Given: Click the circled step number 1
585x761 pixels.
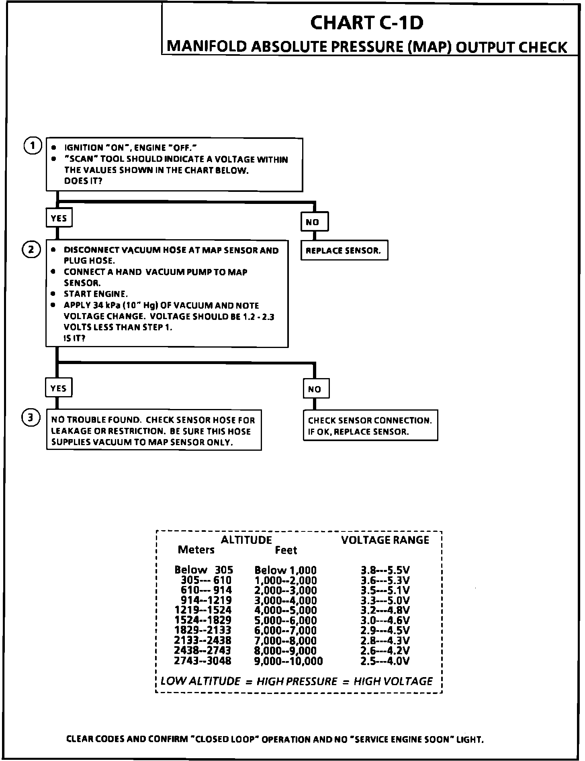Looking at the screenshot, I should (x=32, y=146).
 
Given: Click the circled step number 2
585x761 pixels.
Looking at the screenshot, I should (x=31, y=249).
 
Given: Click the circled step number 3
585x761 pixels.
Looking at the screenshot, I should (x=31, y=418).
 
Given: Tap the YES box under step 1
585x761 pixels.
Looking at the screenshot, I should (x=59, y=218).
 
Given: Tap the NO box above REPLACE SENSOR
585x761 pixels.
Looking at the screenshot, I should (x=314, y=222).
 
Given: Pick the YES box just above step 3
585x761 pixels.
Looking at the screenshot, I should (x=59, y=388).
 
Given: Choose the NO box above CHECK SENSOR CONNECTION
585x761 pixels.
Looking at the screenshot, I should (x=316, y=389).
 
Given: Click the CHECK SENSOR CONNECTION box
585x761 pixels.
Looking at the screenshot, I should (x=370, y=426).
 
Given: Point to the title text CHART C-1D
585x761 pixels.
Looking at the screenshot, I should (x=367, y=23).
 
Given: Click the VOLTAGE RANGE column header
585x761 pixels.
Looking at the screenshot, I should (x=385, y=540).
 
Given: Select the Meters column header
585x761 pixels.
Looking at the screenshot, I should (x=196, y=550).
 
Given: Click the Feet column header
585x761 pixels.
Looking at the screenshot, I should (x=286, y=550).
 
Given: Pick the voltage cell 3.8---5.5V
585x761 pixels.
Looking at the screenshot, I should (x=385, y=570).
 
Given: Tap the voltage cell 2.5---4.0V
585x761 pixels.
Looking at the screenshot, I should (x=385, y=661).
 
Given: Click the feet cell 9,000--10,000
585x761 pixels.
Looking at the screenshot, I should (x=288, y=661).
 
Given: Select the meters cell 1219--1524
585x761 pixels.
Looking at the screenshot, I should (x=203, y=610).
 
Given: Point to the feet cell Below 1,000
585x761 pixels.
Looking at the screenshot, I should (x=285, y=570).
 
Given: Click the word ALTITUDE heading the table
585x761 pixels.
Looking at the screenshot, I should (x=246, y=540).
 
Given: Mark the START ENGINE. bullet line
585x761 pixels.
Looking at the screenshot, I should (x=96, y=294).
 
